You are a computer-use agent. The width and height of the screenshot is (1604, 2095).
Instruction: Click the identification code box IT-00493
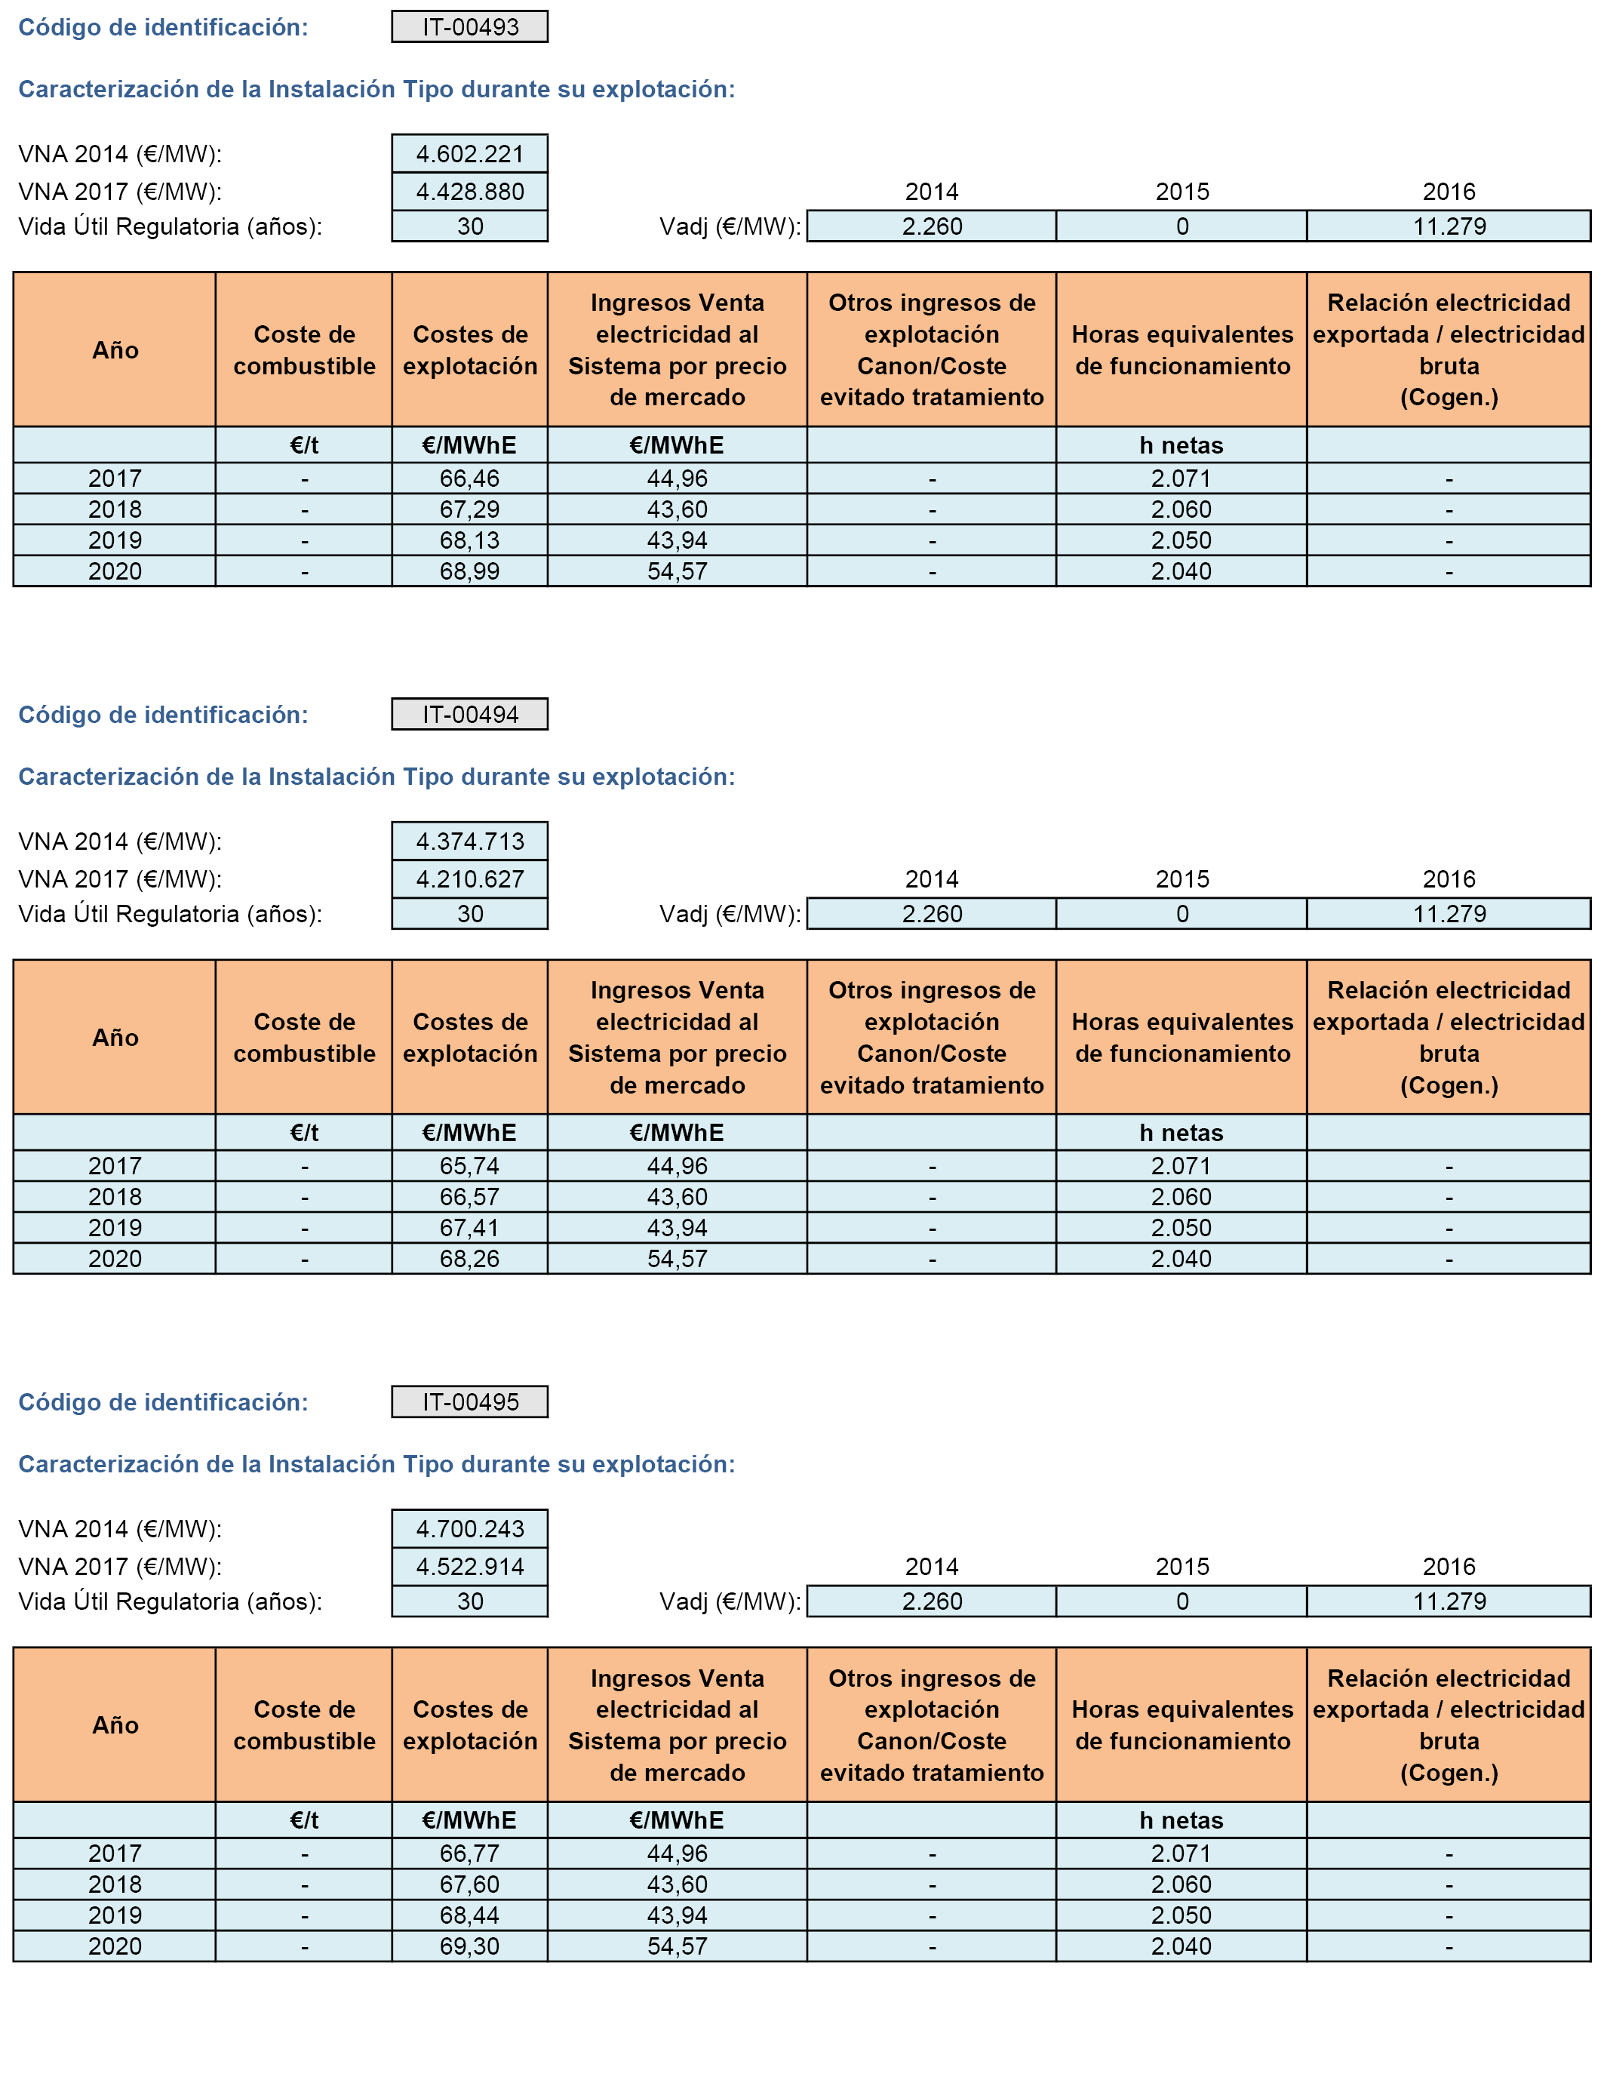[470, 26]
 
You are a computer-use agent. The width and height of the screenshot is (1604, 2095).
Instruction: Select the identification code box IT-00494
[470, 714]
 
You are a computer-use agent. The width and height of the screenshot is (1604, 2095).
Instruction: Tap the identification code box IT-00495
[470, 1401]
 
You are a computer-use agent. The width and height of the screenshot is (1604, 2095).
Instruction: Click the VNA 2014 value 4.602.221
[470, 154]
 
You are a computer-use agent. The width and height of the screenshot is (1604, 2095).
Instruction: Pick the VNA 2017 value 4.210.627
[470, 878]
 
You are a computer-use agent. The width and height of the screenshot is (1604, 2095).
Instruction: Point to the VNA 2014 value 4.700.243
[470, 1529]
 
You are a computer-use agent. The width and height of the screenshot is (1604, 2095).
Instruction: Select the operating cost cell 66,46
[470, 478]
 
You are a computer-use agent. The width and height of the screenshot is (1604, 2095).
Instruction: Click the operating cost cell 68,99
[470, 571]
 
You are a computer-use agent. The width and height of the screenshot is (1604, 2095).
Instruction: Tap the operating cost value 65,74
[470, 1166]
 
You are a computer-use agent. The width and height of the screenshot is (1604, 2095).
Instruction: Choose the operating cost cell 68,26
[470, 1259]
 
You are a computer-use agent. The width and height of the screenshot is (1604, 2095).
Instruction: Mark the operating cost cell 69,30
[470, 1946]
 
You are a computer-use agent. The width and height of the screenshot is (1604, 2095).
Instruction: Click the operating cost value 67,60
[470, 1884]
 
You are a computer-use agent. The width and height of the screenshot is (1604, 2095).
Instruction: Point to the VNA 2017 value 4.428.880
[470, 191]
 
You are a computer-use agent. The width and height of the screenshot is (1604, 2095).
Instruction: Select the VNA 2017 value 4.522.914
[470, 1566]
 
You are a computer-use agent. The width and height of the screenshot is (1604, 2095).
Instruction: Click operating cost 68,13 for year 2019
[470, 540]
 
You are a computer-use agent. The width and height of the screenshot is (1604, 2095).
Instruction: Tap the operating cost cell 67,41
[470, 1228]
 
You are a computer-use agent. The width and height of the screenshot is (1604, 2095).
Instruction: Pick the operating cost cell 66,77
[470, 1854]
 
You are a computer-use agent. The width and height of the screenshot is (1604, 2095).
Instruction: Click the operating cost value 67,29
[470, 509]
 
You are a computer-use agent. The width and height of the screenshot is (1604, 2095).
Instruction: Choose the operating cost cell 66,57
[470, 1196]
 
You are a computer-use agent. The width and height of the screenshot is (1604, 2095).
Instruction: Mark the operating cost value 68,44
[470, 1915]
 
